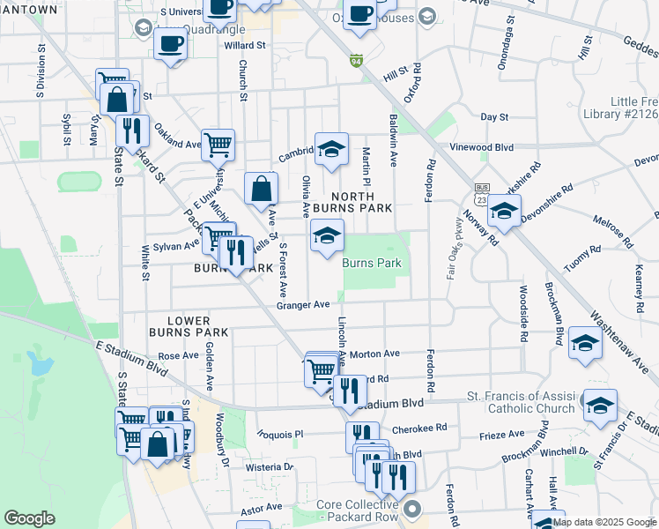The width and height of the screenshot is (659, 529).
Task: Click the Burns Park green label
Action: [x=371, y=263]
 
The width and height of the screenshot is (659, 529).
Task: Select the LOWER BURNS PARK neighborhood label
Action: [x=190, y=326]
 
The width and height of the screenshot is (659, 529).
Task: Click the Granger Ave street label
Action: [x=302, y=305]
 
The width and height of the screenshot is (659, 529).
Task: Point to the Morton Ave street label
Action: [x=374, y=354]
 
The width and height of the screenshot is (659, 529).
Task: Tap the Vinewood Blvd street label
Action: [x=481, y=147]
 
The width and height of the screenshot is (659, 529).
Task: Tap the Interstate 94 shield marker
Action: [x=356, y=61]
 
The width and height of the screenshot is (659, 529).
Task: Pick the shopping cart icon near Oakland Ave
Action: [x=218, y=144]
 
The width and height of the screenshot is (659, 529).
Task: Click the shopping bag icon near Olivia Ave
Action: [x=262, y=189]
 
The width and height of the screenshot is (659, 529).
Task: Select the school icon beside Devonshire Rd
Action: [x=504, y=212]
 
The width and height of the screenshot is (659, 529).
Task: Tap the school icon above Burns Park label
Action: [x=327, y=235]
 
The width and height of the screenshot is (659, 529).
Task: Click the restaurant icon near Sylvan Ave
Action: [x=235, y=253]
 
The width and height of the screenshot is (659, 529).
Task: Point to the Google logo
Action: [x=29, y=518]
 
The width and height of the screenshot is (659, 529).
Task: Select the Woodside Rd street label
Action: [x=524, y=313]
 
